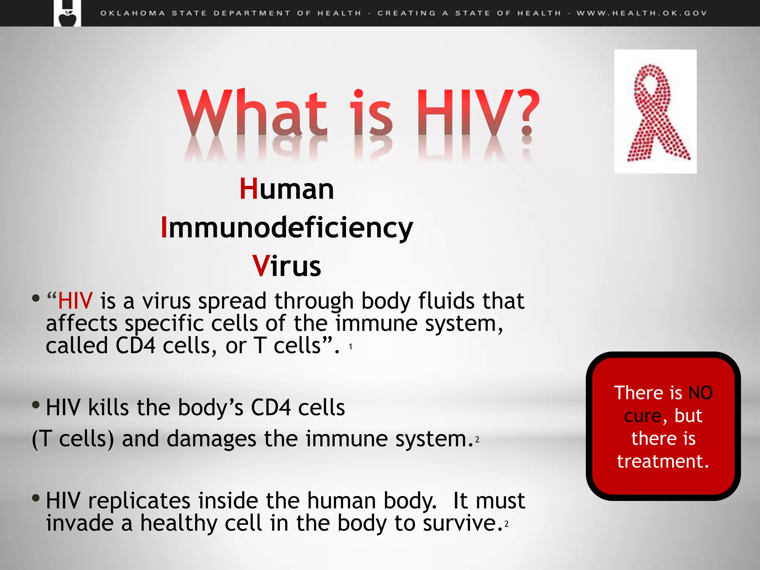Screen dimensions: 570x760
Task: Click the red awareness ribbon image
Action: (655, 111)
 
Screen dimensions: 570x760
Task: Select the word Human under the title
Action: (286, 189)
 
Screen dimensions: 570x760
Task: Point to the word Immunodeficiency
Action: (286, 227)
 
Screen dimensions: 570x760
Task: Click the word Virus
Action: (286, 266)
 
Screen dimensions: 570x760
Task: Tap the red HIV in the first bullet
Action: (75, 301)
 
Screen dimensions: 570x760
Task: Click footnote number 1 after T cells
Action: (350, 347)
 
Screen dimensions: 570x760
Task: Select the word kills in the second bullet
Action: (108, 407)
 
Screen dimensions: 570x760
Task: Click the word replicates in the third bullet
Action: (139, 501)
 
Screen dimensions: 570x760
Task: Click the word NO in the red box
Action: (700, 393)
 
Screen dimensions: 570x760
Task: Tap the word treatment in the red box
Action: (663, 461)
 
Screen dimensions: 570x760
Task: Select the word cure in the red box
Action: (643, 416)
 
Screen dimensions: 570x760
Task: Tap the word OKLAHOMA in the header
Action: (132, 13)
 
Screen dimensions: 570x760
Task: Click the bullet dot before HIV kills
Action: (36, 405)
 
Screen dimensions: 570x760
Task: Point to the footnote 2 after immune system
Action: (477, 440)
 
